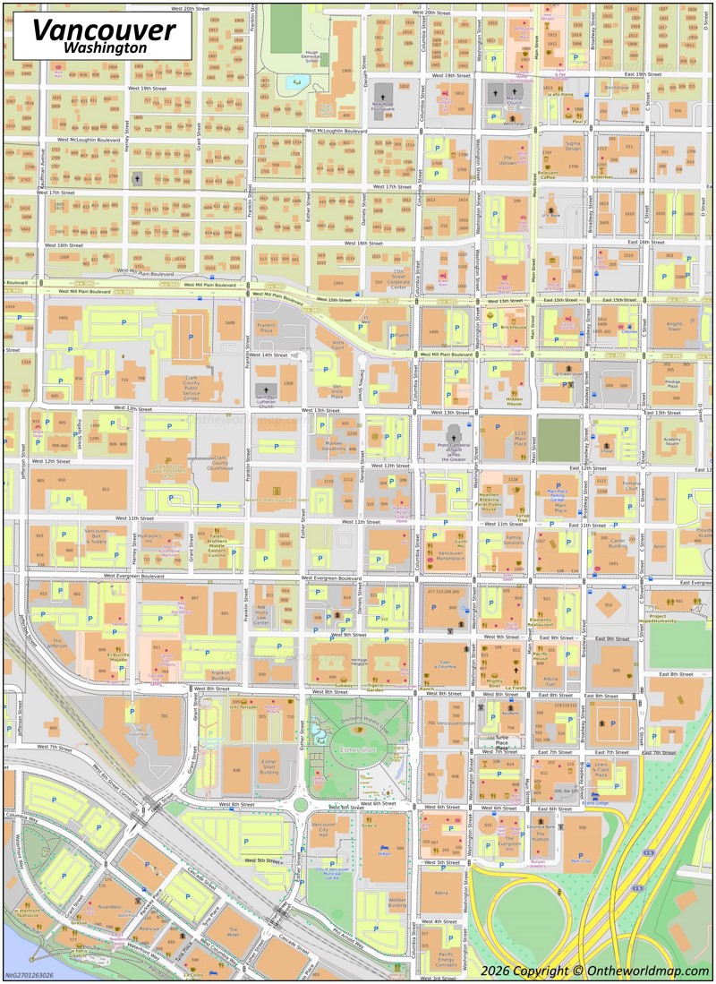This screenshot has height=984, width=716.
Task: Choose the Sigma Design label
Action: [x=573, y=146]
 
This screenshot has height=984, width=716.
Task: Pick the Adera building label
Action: [x=440, y=893]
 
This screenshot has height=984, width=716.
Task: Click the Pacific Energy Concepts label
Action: [x=445, y=960]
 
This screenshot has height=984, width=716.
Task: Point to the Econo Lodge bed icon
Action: [x=593, y=795]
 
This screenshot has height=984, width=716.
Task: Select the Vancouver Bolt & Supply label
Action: [x=96, y=538]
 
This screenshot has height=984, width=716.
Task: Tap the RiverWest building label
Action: [x=109, y=906]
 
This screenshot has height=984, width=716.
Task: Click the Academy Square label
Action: [x=672, y=440]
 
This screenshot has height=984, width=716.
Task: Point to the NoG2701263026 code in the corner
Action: [x=29, y=975]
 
